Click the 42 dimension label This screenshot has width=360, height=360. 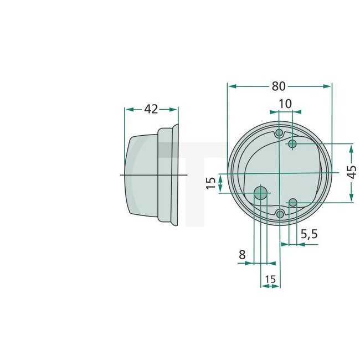(x=151, y=109)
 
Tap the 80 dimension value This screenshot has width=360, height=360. (x=279, y=86)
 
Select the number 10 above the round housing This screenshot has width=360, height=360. (x=285, y=104)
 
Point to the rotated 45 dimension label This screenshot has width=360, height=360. (x=351, y=172)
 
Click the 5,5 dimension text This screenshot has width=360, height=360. (x=309, y=234)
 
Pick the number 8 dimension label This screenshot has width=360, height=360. (x=242, y=255)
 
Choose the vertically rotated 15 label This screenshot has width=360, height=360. (x=210, y=183)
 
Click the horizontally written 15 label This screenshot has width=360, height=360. (x=270, y=280)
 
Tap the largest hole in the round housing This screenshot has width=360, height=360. (x=260, y=193)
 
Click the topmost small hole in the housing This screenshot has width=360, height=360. (x=280, y=133)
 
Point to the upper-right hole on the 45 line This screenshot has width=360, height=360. (x=293, y=144)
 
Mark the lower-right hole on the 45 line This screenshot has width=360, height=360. (x=293, y=202)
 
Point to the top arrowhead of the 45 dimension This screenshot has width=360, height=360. (x=351, y=148)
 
